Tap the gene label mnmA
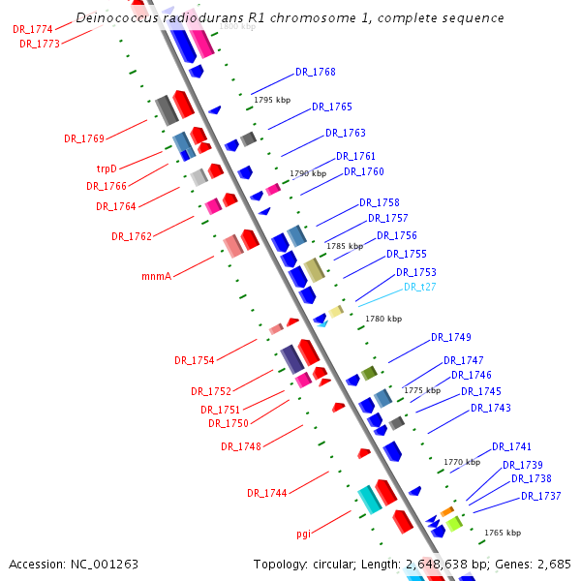click(156, 276)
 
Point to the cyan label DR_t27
click(419, 287)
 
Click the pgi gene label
click(303, 534)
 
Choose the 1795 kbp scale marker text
click(271, 100)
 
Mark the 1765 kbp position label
click(503, 533)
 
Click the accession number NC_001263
click(104, 564)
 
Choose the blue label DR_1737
click(541, 497)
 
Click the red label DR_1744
click(266, 493)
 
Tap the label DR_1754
click(195, 360)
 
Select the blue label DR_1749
click(451, 337)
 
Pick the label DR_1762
click(132, 236)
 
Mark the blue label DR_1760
click(364, 172)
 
